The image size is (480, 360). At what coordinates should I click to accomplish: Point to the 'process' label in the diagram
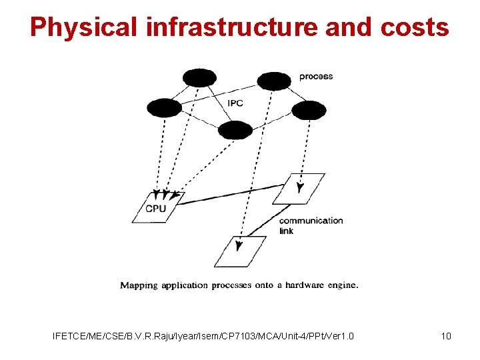[x=316, y=77]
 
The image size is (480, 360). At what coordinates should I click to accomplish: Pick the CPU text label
[x=156, y=209]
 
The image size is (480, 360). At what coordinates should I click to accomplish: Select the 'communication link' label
[x=311, y=225]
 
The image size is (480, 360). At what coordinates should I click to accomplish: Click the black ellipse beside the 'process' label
[x=274, y=81]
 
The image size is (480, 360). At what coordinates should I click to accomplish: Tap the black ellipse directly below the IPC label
[x=235, y=130]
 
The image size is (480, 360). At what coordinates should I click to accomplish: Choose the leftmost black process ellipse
[x=164, y=107]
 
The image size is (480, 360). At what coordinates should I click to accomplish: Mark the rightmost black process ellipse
[x=309, y=110]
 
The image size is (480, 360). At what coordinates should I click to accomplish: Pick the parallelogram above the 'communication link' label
[x=299, y=188]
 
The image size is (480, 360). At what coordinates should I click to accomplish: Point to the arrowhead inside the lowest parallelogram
[x=240, y=245]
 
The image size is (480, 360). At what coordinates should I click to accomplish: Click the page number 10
[x=446, y=336]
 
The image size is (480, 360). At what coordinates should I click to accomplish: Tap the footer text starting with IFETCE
[x=203, y=336]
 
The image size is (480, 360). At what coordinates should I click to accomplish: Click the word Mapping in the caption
[x=139, y=285]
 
